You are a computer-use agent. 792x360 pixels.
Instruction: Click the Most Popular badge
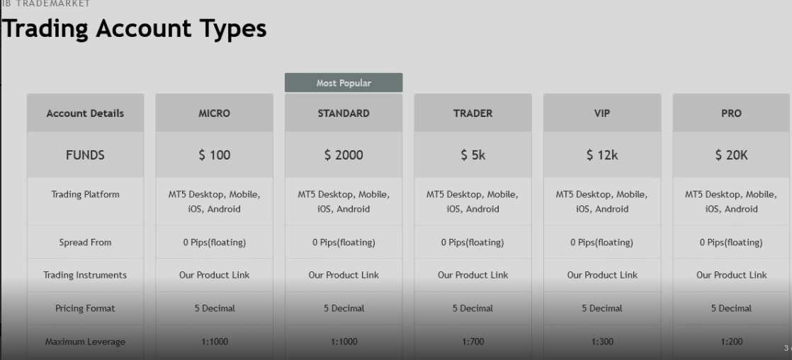pyautogui.click(x=344, y=82)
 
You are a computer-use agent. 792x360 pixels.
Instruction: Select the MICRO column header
pyautogui.click(x=214, y=113)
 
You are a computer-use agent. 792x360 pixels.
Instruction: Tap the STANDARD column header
pyautogui.click(x=344, y=113)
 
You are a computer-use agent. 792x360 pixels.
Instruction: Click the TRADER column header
pyautogui.click(x=473, y=113)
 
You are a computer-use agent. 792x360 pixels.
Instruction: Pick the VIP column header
pyautogui.click(x=602, y=113)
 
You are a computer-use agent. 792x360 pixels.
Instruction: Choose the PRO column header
pyautogui.click(x=731, y=113)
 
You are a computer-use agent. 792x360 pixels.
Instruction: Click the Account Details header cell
pyautogui.click(x=85, y=113)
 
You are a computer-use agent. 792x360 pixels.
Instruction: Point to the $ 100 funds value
pyautogui.click(x=214, y=154)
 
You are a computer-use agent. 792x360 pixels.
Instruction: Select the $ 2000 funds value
pyautogui.click(x=344, y=154)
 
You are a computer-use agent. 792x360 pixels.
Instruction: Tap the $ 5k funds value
pyautogui.click(x=473, y=154)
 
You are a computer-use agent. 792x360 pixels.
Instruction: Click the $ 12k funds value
pyautogui.click(x=602, y=154)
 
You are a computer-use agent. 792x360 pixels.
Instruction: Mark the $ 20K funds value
pyautogui.click(x=731, y=154)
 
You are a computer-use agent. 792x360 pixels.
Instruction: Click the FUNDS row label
pyautogui.click(x=85, y=154)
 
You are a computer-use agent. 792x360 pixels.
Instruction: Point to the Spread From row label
pyautogui.click(x=85, y=242)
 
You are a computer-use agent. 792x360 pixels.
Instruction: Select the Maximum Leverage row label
pyautogui.click(x=85, y=342)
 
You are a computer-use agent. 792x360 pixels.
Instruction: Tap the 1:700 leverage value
pyautogui.click(x=473, y=342)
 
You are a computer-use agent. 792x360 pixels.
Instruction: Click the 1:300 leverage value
pyautogui.click(x=602, y=342)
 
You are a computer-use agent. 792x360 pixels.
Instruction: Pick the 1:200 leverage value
pyautogui.click(x=731, y=342)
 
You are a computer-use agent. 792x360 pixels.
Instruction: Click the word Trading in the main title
pyautogui.click(x=45, y=29)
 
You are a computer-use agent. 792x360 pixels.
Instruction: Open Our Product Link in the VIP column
pyautogui.click(x=602, y=275)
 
